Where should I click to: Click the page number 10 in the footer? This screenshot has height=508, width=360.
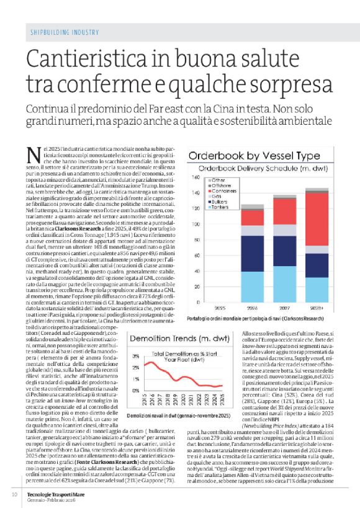(14, 494)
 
